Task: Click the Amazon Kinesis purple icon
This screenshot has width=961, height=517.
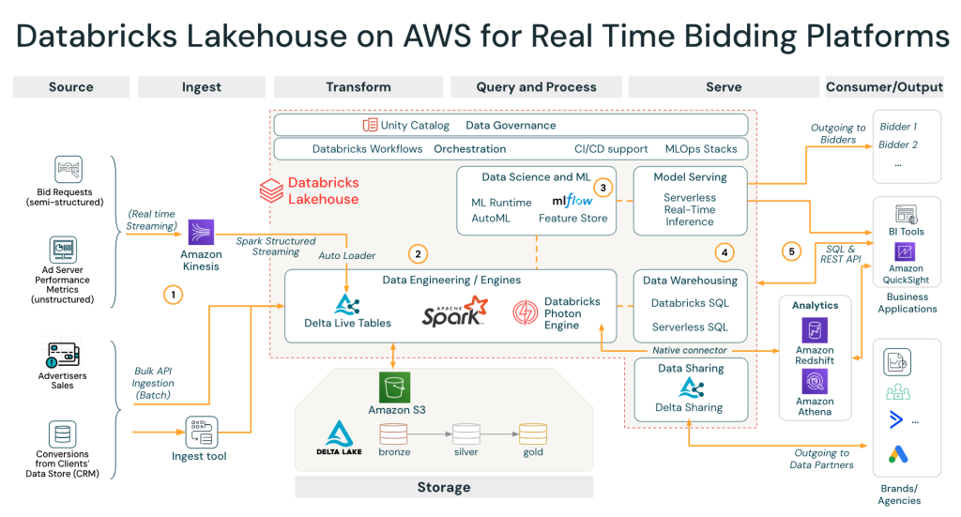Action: pyautogui.click(x=201, y=233)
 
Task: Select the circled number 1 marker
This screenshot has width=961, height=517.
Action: pyautogui.click(x=172, y=295)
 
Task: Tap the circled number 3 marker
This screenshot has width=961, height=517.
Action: pyautogui.click(x=603, y=188)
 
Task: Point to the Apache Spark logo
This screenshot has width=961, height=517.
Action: pyautogui.click(x=455, y=312)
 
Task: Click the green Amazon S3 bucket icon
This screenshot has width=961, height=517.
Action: pyautogui.click(x=395, y=387)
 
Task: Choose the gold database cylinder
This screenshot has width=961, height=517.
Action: pyautogui.click(x=533, y=433)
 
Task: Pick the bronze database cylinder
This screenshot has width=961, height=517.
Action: pyautogui.click(x=394, y=433)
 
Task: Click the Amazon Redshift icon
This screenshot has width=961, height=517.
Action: pyautogui.click(x=814, y=331)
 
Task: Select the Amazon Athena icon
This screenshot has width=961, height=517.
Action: pyautogui.click(x=814, y=381)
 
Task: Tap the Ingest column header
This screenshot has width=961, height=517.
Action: pyautogui.click(x=202, y=87)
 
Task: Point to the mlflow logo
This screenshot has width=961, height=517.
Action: pyautogui.click(x=572, y=201)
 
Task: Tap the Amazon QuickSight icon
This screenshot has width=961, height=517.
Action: pyautogui.click(x=907, y=252)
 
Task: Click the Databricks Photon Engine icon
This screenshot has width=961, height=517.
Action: pyautogui.click(x=526, y=312)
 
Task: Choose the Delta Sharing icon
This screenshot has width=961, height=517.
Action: pyautogui.click(x=690, y=388)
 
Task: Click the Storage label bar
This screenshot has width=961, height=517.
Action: pyautogui.click(x=443, y=487)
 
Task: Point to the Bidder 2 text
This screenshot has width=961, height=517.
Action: pyautogui.click(x=897, y=144)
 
